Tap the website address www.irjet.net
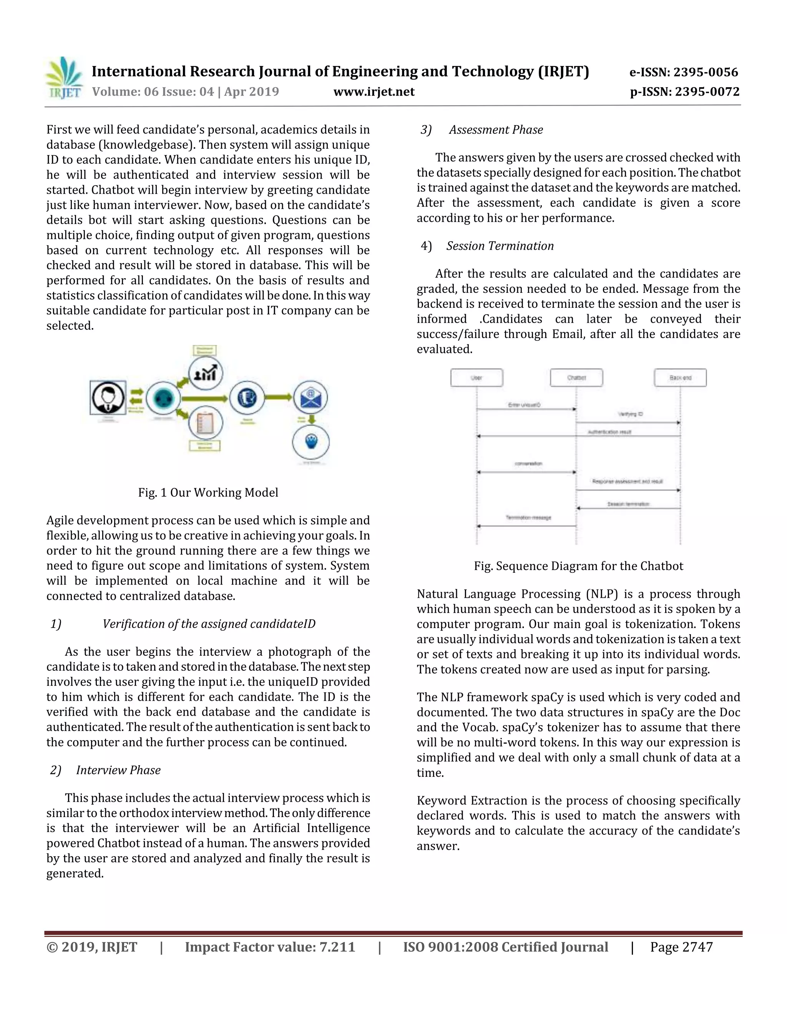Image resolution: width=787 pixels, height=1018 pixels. (374, 91)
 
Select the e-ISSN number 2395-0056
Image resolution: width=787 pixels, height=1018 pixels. (684, 72)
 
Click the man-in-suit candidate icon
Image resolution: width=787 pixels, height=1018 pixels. (108, 398)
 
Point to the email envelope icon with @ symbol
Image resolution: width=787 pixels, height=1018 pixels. (310, 397)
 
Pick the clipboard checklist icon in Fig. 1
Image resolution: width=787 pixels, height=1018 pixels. (206, 422)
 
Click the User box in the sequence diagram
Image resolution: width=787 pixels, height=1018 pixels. (477, 378)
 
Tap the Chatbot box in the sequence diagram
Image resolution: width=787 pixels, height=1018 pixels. (576, 378)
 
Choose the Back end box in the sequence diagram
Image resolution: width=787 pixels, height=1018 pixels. (680, 378)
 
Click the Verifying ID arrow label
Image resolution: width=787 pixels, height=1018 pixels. (630, 414)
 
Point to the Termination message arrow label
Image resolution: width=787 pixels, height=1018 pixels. (528, 517)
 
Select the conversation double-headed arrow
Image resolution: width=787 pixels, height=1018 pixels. (526, 472)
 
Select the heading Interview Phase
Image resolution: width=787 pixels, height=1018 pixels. (118, 770)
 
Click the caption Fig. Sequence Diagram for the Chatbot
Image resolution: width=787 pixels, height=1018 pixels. (578, 566)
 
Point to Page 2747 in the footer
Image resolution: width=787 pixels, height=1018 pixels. (681, 947)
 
